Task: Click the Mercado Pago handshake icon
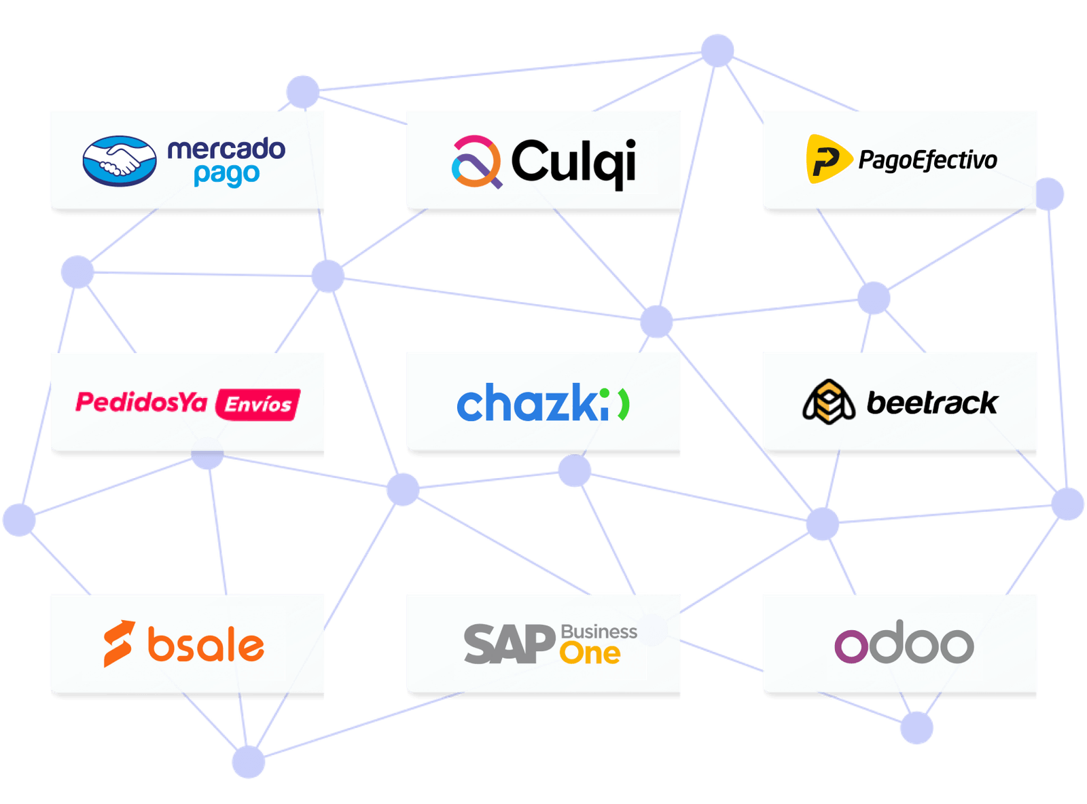pos(119,161)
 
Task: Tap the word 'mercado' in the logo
pos(226,149)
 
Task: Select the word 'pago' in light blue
pos(226,175)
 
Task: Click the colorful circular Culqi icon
pos(476,162)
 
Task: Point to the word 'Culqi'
pos(573,163)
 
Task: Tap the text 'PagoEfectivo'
pos(927,160)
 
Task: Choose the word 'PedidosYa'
pos(141,402)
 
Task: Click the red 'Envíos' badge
pos(257,404)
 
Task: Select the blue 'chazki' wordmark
pos(532,402)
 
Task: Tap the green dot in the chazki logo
pos(604,393)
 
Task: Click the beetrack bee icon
pos(828,401)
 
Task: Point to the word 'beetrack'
pos(932,402)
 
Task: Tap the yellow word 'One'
pos(590,653)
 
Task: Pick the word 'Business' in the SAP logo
pos(599,632)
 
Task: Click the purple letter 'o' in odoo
pos(851,646)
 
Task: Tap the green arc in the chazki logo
pos(624,404)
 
